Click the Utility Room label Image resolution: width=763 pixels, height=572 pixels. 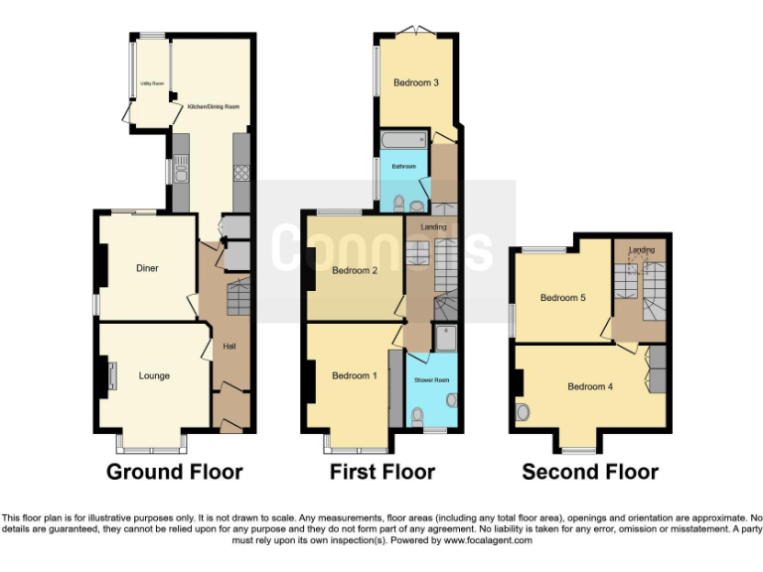tap(150, 84)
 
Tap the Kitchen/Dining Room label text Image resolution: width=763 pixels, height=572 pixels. tap(208, 106)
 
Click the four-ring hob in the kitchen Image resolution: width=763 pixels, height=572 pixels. tap(240, 174)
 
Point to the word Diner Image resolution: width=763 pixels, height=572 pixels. tap(147, 268)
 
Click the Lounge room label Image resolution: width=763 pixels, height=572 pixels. tap(154, 375)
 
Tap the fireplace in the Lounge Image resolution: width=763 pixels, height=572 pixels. tap(111, 376)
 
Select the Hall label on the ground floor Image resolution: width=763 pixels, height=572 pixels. tap(229, 346)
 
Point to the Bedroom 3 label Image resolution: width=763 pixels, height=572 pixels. tap(415, 82)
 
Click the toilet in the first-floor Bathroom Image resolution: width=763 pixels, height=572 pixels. tap(398, 205)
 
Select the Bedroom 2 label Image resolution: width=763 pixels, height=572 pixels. tap(355, 270)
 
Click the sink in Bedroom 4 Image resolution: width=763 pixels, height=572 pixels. tap(523, 412)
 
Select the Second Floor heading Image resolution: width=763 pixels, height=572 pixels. tap(590, 473)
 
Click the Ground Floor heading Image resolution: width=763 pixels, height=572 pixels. tap(174, 473)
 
